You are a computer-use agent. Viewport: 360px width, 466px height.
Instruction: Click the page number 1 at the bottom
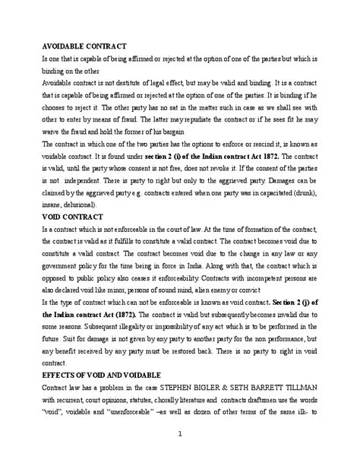179,433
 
